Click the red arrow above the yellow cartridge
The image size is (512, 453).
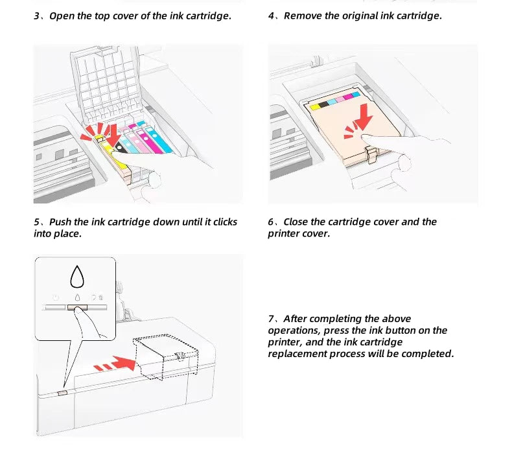[112, 133]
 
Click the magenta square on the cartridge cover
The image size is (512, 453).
[347, 97]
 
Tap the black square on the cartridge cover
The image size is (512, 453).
[323, 104]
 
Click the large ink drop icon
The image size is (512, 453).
[77, 277]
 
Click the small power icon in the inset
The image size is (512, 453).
[56, 298]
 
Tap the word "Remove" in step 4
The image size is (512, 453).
[302, 16]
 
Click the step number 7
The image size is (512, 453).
[272, 319]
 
